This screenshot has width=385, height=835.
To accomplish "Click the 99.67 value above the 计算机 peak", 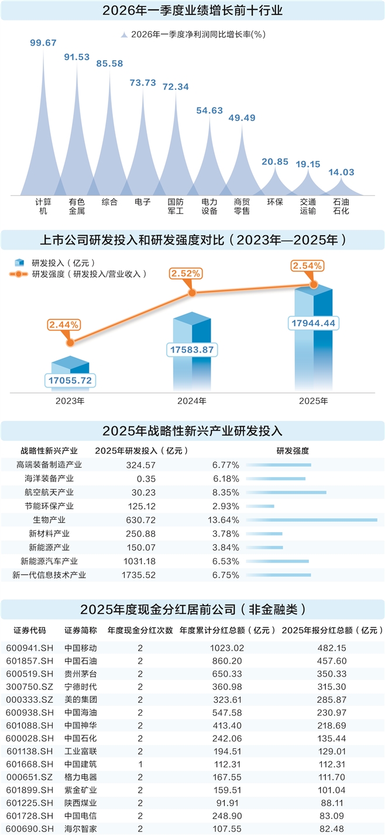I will [x=43, y=43].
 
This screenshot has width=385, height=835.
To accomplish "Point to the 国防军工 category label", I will [x=176, y=206].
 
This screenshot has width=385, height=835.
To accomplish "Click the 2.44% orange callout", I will [x=65, y=324].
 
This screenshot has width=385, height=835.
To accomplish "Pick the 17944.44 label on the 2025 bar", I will [x=314, y=322].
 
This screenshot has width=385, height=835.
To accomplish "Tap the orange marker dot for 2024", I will [x=191, y=292].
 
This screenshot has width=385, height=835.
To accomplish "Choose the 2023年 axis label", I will [x=70, y=401].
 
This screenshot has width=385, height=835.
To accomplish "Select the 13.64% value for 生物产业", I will [x=226, y=520].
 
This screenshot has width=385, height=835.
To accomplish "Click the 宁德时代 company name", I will [x=80, y=687].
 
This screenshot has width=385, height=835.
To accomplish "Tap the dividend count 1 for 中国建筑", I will [x=140, y=764].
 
